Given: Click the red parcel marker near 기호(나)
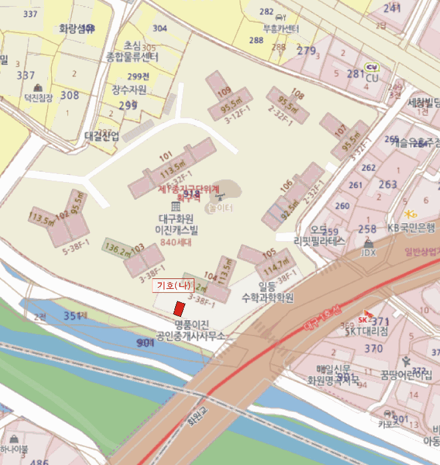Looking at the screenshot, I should pos(178,309).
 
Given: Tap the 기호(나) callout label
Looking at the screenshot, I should pos(173,286).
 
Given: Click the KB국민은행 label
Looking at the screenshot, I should pos(411,227).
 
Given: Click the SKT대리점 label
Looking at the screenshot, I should pos(365,332).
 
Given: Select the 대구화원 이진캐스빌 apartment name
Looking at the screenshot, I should pos(176,224).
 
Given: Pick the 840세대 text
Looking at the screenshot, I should pos(176,242).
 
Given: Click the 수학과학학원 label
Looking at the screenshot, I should pos(267,298).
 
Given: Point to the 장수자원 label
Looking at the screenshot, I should pos(129,89).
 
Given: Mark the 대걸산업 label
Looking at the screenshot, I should pos(102,136).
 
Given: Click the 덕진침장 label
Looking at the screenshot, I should pos(38,98).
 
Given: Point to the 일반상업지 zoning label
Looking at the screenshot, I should pos(421,251).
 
